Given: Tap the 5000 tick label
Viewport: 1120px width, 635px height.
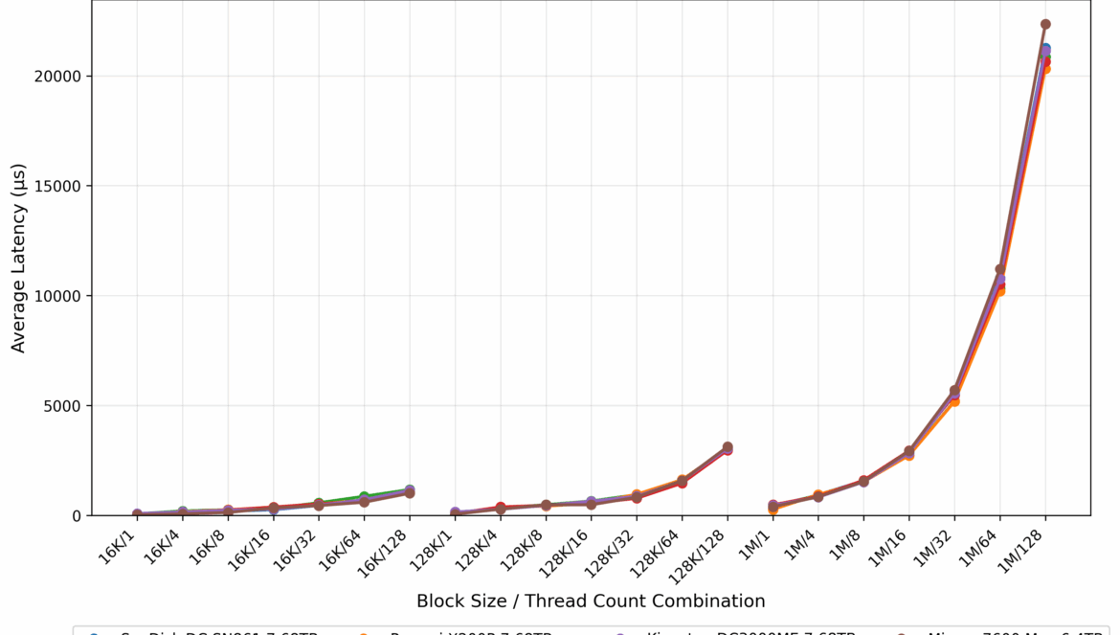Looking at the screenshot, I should click(61, 406).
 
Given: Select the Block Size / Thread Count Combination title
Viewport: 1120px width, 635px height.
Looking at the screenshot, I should click(591, 601).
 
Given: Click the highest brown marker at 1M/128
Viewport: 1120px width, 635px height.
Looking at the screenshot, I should click(1045, 24).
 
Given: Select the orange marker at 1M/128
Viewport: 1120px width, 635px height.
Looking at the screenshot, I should click(1046, 69).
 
